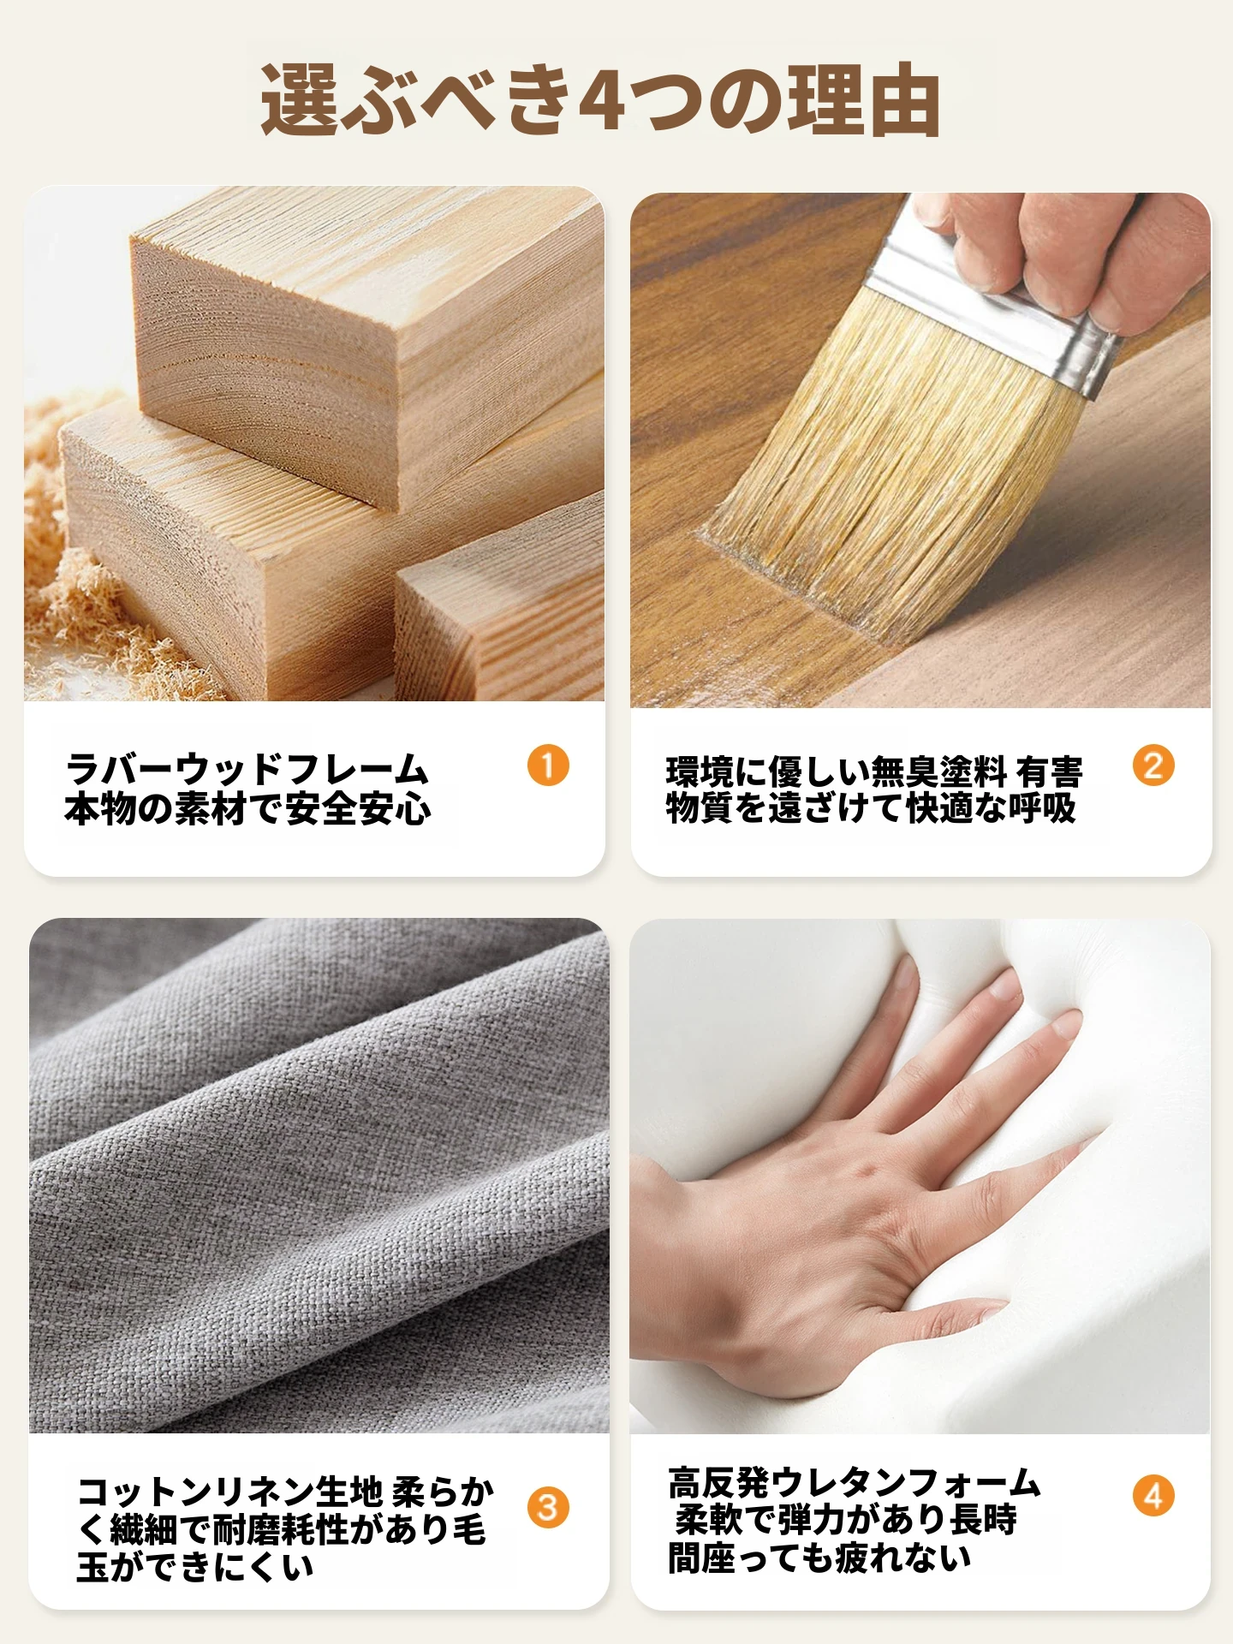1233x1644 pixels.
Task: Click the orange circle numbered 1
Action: pos(548,765)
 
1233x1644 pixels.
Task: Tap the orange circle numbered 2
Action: pos(1153,765)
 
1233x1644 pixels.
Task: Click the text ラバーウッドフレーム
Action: pos(247,770)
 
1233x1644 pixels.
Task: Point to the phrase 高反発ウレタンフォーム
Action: pos(854,1482)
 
